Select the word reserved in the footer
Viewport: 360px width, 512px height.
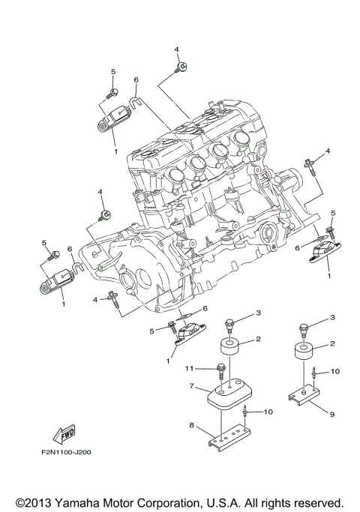pyautogui.click(x=316, y=501)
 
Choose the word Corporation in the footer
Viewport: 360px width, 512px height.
pyautogui.click(x=169, y=501)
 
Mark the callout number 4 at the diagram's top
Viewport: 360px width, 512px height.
pyautogui.click(x=178, y=49)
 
